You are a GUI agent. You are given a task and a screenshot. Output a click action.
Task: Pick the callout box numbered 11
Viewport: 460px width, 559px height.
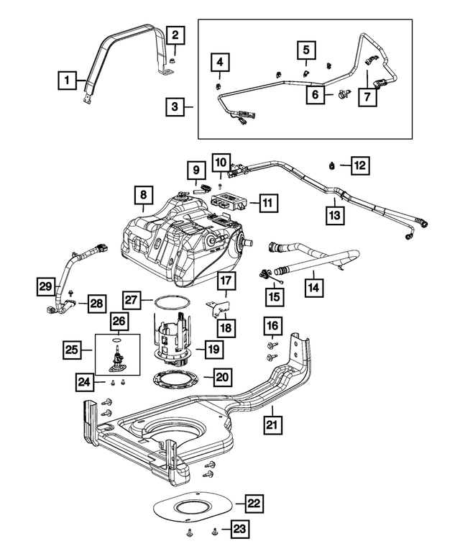click(x=267, y=204)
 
